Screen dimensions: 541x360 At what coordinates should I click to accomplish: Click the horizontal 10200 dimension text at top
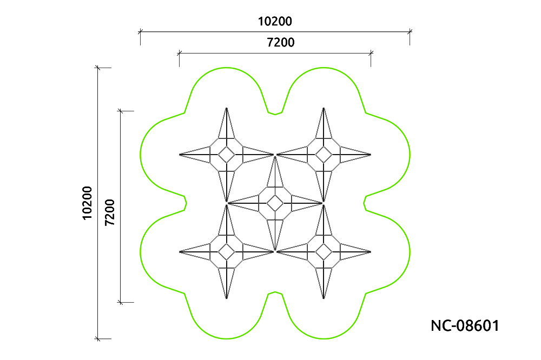pyautogui.click(x=275, y=22)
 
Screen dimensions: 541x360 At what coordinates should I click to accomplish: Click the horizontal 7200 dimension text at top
pyautogui.click(x=280, y=42)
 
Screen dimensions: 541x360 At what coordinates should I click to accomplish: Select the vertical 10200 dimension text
pyautogui.click(x=87, y=203)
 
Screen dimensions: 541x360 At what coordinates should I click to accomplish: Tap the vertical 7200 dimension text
pyautogui.click(x=110, y=212)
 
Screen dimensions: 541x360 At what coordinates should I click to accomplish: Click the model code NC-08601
pyautogui.click(x=465, y=325)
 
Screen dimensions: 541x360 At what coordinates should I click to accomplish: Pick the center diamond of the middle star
pyautogui.click(x=275, y=203)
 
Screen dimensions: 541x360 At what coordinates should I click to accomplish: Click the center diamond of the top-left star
pyautogui.click(x=226, y=155)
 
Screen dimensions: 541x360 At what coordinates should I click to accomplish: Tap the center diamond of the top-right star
pyautogui.click(x=324, y=155)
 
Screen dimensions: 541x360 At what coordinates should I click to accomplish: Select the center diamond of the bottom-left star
pyautogui.click(x=226, y=252)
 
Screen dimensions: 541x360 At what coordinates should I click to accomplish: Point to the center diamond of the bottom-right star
pyautogui.click(x=324, y=252)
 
